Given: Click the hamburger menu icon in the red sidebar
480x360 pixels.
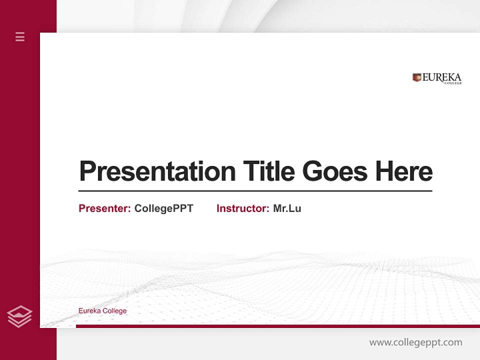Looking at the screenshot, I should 20,36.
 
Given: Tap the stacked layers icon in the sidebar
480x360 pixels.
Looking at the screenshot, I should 19,316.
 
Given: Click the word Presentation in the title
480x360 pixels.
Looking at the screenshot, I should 157,171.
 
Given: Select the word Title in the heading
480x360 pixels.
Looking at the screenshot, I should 268,171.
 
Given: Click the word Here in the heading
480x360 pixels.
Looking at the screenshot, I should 404,171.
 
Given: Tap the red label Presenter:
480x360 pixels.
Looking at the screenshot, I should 104,208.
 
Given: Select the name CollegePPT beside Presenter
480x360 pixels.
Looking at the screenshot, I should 163,208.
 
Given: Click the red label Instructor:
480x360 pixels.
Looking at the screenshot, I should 242,208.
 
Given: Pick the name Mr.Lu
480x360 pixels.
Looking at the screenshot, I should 287,208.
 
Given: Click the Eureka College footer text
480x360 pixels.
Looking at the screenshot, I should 102,311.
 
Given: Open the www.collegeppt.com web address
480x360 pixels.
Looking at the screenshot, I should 415,342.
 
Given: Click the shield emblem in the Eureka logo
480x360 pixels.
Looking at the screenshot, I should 417,77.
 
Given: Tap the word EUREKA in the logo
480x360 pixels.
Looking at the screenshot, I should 442,77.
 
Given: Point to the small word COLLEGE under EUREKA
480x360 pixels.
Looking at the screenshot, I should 453,83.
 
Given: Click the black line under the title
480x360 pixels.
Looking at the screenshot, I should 255,191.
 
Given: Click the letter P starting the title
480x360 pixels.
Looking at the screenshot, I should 86,171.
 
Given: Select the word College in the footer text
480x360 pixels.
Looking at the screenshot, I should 115,311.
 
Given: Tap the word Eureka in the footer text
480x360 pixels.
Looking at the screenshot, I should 89,311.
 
